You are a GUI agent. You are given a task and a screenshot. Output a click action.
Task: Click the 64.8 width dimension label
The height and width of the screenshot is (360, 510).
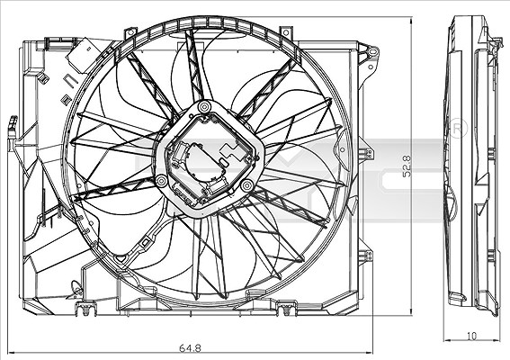tap(191, 348)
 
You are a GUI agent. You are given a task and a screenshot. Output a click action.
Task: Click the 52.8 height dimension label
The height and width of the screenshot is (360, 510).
tap(407, 166)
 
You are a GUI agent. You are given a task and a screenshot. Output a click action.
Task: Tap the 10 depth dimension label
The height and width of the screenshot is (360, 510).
tap(471, 336)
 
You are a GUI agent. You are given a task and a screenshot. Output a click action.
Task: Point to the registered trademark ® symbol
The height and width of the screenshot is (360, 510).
tap(457, 129)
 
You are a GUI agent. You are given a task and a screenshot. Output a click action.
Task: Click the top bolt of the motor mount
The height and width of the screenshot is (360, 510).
tap(204, 106)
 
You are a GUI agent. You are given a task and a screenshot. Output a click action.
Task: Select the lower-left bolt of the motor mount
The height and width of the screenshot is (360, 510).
tap(161, 181)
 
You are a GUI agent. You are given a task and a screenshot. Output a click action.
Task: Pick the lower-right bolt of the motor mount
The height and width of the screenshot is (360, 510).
tap(246, 185)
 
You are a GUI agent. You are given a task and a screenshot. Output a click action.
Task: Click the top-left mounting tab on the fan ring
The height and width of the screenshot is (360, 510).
tap(130, 33)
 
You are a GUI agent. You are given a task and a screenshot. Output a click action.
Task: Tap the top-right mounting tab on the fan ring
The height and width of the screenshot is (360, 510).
tap(286, 32)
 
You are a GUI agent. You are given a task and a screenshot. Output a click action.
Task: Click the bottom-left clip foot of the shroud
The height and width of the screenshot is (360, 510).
tap(85, 308)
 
